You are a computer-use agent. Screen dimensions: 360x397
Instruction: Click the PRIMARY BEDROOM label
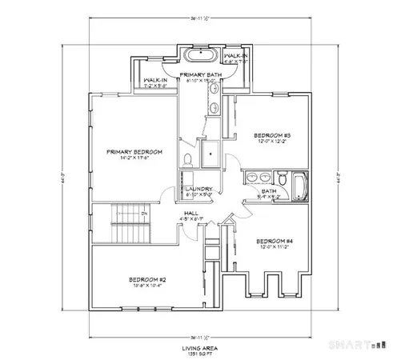[x=137, y=151]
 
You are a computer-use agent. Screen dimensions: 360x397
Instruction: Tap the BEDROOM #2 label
[x=146, y=278]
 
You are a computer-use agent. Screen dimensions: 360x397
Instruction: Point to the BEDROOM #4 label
[x=272, y=241]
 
